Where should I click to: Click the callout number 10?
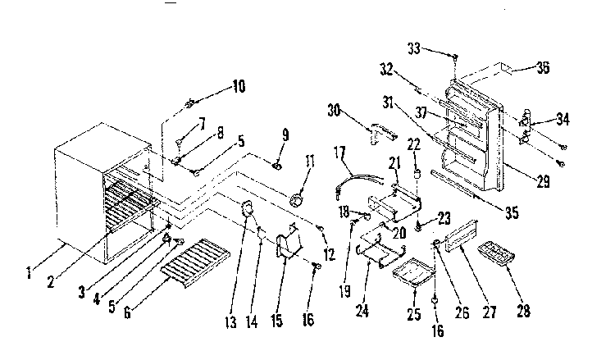coord(239,86)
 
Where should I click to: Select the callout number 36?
coord(543,67)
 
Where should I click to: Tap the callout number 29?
coord(543,181)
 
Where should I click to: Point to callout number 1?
coord(29,272)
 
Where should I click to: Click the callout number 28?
coord(524,311)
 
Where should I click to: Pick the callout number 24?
coord(362,311)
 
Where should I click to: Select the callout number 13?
coord(231,322)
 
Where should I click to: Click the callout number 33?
coord(414,48)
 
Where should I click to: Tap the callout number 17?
coord(339,153)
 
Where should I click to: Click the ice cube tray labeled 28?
coord(496,254)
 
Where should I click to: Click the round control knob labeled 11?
coord(297,200)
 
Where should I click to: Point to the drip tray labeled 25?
coord(414,274)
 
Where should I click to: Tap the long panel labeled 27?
coord(462,235)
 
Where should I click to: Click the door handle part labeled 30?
coord(381,133)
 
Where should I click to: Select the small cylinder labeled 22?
coord(417,174)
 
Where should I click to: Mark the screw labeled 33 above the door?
coord(455,57)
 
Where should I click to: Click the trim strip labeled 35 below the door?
coord(455,184)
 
